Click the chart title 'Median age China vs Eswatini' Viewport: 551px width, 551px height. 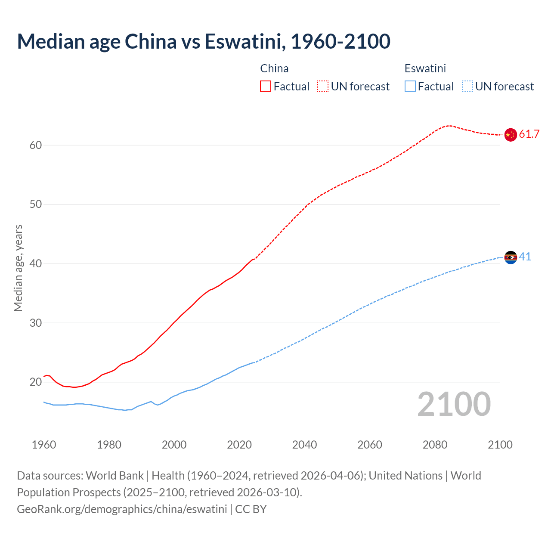(x=203, y=41)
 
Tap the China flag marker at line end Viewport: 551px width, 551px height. (x=510, y=134)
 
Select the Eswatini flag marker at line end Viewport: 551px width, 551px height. (x=510, y=257)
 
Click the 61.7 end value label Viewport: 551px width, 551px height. (x=529, y=134)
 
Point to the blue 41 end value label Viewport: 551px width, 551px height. (x=525, y=257)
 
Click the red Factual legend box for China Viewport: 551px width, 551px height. (x=266, y=87)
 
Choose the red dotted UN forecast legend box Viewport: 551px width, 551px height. (x=323, y=87)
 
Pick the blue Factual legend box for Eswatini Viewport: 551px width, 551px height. (x=410, y=87)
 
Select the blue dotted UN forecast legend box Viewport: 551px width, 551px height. (x=467, y=87)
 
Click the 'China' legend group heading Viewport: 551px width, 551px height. (x=274, y=68)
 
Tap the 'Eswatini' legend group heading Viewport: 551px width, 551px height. (x=425, y=68)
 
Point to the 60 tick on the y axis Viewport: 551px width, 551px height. (x=36, y=145)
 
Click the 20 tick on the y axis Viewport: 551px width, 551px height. (x=36, y=382)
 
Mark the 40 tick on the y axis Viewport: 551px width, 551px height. (x=36, y=263)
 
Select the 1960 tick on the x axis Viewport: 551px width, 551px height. (x=44, y=445)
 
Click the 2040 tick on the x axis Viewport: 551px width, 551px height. (x=304, y=445)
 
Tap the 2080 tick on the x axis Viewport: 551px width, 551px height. (x=435, y=445)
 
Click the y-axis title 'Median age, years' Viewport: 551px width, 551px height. (x=18, y=268)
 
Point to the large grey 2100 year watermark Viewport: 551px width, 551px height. (x=454, y=404)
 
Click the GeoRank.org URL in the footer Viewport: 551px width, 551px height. (x=122, y=509)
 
